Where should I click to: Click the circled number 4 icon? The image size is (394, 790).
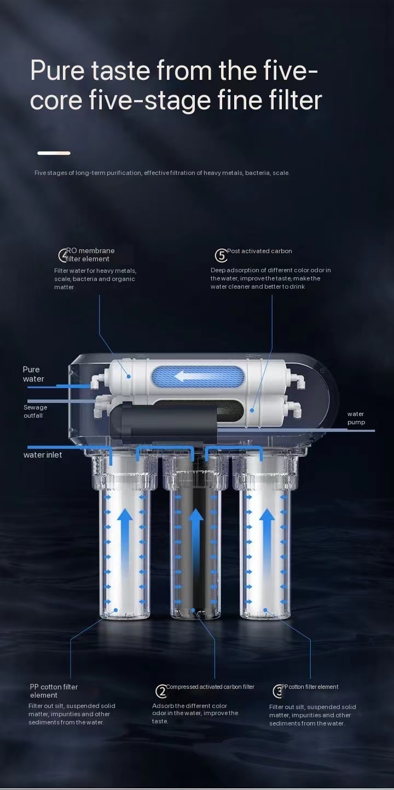tap(63, 255)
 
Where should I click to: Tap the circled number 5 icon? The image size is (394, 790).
tap(221, 255)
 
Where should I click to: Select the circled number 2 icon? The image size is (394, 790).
tap(161, 691)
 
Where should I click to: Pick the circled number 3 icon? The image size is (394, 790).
tap(278, 691)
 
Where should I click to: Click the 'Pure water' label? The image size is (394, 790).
tap(33, 374)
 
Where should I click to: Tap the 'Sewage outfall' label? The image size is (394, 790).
tap(36, 411)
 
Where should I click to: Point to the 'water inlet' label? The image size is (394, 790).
tap(43, 455)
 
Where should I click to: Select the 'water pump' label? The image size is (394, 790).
tap(356, 418)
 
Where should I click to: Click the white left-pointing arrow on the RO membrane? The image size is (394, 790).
tap(189, 376)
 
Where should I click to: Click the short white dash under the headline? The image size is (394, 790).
tap(54, 153)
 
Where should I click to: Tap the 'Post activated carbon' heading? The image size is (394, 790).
tap(259, 251)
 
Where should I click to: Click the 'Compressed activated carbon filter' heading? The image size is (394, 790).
tap(210, 687)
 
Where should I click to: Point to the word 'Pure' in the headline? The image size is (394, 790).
tap(57, 71)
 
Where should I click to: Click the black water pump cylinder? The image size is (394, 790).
tap(163, 421)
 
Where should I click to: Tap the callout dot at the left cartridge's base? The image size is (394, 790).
tap(115, 610)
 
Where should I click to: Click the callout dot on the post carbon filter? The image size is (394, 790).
tap(252, 410)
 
